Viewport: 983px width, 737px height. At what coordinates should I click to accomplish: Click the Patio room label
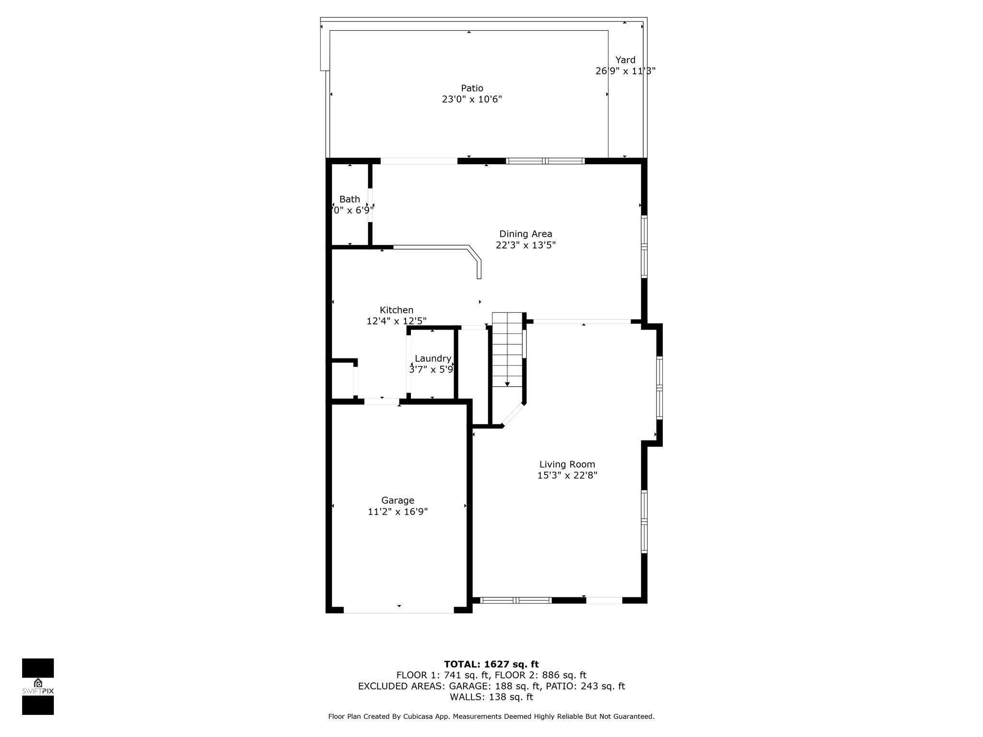tap(472, 88)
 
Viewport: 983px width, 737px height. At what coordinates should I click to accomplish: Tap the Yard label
tap(625, 60)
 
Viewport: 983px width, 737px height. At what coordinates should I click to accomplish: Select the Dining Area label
tap(526, 234)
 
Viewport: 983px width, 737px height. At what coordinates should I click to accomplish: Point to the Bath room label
tap(349, 199)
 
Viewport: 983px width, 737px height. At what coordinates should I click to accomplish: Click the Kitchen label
tap(396, 310)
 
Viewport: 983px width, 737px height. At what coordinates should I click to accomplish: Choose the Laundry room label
tap(433, 358)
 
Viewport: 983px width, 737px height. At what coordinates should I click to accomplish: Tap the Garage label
tap(398, 500)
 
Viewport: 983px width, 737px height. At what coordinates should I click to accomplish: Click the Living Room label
tap(567, 464)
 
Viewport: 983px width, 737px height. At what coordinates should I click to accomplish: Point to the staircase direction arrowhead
tap(507, 384)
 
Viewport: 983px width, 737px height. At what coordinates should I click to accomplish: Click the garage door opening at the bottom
tap(399, 610)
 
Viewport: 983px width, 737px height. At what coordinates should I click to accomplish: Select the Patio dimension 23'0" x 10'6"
tap(472, 99)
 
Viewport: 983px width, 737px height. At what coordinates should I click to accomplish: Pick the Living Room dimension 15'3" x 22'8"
tap(567, 475)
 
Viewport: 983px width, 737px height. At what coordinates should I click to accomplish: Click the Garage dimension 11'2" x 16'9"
tap(398, 512)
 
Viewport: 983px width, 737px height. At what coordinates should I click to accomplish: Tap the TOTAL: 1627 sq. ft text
tap(491, 665)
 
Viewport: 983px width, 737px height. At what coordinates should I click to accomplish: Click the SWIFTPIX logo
tap(38, 686)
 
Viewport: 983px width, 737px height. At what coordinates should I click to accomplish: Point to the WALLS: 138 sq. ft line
tap(491, 697)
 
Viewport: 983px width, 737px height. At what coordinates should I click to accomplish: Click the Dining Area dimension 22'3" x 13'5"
tap(526, 245)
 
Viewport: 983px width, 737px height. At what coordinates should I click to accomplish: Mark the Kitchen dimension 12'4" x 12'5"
tap(396, 321)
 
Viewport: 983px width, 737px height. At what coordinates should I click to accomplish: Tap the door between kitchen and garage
tap(382, 402)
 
